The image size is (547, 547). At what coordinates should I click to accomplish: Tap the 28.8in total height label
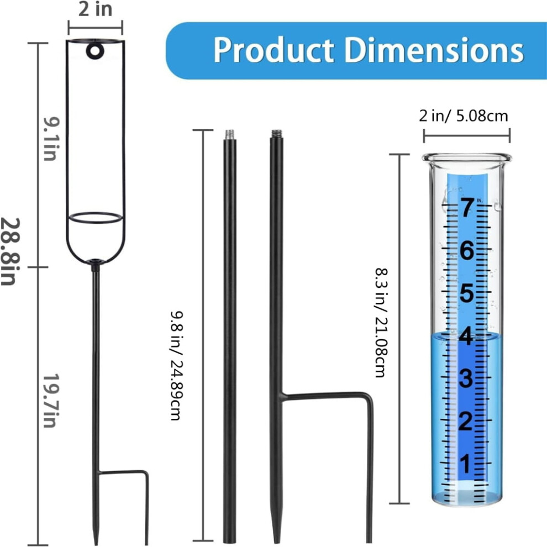10,252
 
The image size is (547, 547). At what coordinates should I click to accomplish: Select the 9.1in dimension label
51,139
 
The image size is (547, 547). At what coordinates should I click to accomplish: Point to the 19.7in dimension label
51,401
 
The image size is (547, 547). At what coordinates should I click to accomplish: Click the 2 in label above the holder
95,9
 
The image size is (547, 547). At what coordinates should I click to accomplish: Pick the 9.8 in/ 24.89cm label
176,365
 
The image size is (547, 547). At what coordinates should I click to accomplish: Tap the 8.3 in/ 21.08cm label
381,322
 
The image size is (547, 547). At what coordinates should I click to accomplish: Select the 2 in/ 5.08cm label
463,116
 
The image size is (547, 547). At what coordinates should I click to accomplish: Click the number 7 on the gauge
467,207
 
